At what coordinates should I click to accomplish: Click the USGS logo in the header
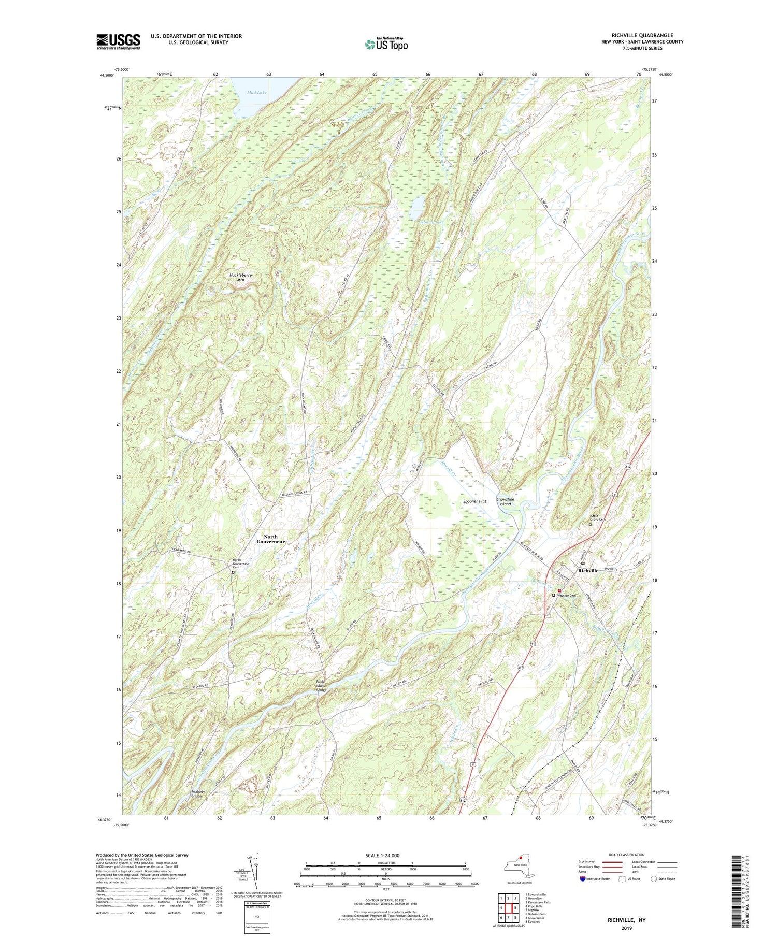point(118,41)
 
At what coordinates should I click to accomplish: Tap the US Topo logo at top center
point(386,45)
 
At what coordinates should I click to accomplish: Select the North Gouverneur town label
point(271,539)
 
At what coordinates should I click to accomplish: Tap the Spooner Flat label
point(475,501)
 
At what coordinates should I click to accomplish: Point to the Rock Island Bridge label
point(322,685)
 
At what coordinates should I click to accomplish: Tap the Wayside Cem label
point(569,596)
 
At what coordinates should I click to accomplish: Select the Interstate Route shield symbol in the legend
point(583,879)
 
